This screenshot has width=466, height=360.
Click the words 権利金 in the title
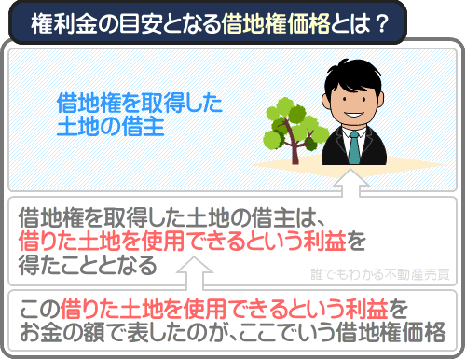coord(57,22)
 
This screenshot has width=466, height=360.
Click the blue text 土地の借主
coord(111,126)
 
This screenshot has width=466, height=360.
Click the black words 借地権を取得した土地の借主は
coord(171,220)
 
